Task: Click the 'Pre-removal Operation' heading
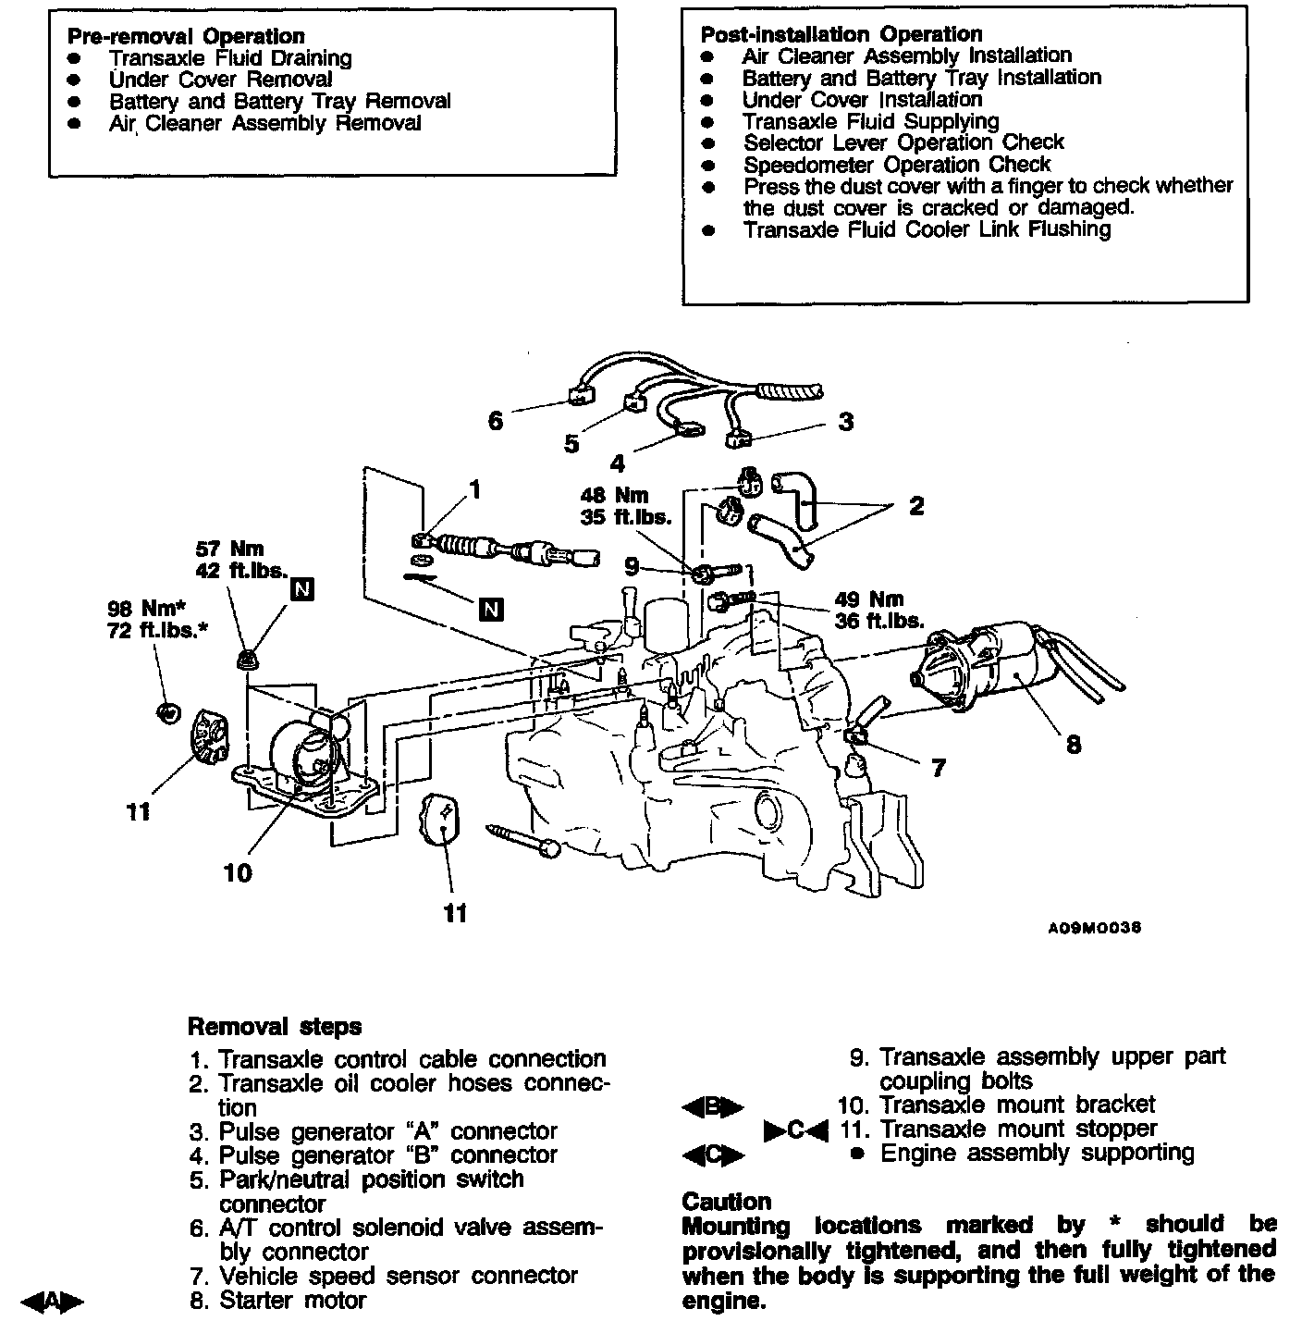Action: click(x=186, y=36)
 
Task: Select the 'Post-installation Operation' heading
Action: click(x=841, y=34)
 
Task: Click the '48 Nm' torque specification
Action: click(x=614, y=496)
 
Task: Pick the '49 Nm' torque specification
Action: click(x=868, y=599)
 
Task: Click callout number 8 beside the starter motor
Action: click(x=1073, y=744)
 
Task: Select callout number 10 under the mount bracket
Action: click(x=238, y=872)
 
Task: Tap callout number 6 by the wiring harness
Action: click(x=496, y=421)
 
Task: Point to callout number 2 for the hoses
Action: click(x=915, y=506)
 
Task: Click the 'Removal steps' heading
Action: click(x=275, y=1027)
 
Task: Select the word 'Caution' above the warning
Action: click(x=726, y=1202)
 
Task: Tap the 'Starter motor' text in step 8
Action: click(x=292, y=1300)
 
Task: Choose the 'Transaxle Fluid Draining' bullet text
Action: click(x=230, y=58)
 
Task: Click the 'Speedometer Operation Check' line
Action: click(x=896, y=165)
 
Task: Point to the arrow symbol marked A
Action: click(x=53, y=1301)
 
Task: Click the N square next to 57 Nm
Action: click(x=302, y=588)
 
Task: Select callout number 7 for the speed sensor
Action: click(x=939, y=767)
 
